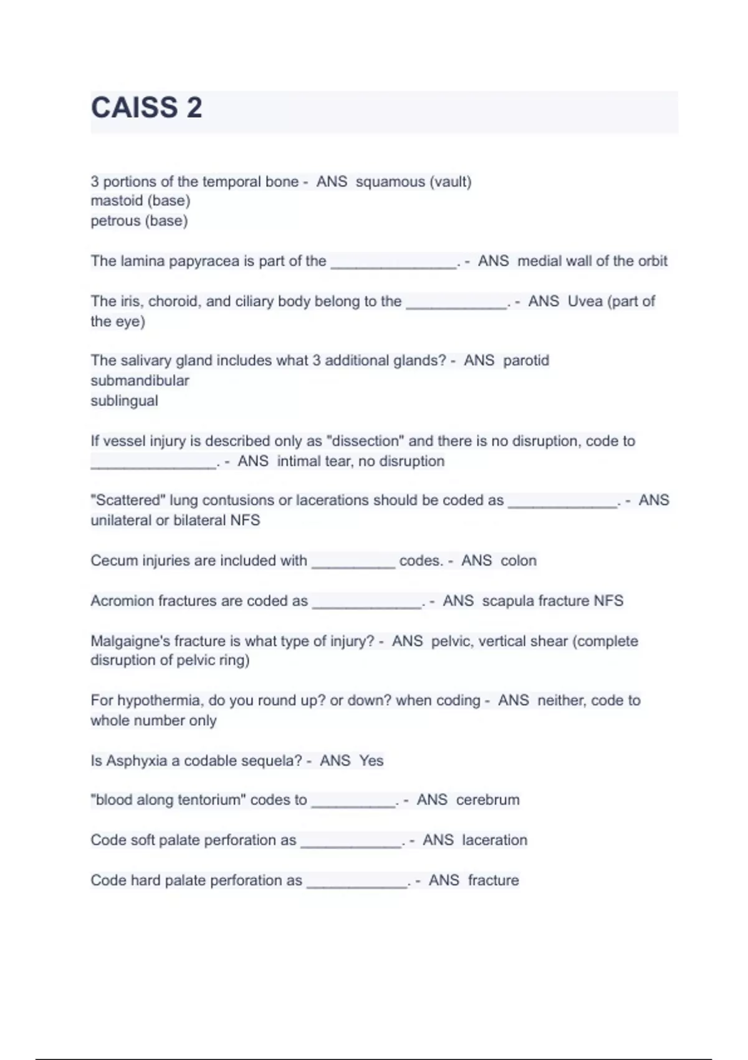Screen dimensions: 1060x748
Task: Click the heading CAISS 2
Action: (x=146, y=107)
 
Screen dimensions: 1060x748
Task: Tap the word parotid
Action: (x=526, y=360)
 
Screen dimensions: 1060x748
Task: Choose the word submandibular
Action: (x=140, y=380)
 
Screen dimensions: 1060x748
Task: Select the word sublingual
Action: (x=124, y=400)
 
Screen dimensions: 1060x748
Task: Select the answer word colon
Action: (x=519, y=561)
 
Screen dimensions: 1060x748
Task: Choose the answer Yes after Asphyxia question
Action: (x=372, y=761)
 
